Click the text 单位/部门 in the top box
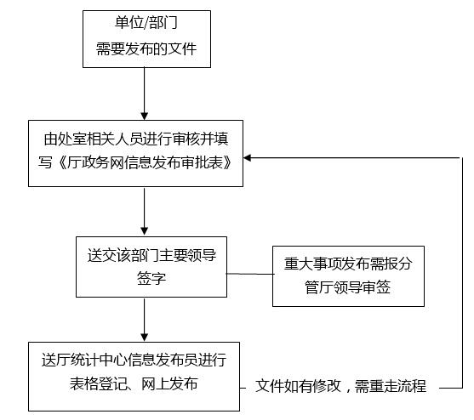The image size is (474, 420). pyautogui.click(x=146, y=23)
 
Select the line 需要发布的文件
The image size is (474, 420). pyautogui.click(x=146, y=48)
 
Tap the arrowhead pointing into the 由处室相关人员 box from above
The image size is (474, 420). pyautogui.click(x=145, y=116)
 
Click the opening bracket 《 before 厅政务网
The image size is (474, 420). pyautogui.click(x=60, y=162)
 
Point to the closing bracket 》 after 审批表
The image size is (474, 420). pyautogui.click(x=227, y=162)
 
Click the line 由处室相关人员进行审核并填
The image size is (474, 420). pyautogui.click(x=136, y=139)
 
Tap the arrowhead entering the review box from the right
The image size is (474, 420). pyautogui.click(x=248, y=157)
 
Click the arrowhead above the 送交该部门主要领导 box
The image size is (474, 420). pyautogui.click(x=145, y=231)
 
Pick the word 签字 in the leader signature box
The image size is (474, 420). pyautogui.click(x=151, y=278)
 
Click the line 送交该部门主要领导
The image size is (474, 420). pyautogui.click(x=151, y=255)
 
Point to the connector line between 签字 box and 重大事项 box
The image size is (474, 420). pyautogui.click(x=249, y=274)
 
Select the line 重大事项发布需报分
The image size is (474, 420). pyautogui.click(x=348, y=264)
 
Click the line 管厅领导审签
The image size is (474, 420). pyautogui.click(x=348, y=287)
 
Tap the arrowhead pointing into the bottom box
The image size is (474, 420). pyautogui.click(x=145, y=337)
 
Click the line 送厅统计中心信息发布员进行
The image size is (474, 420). pyautogui.click(x=134, y=360)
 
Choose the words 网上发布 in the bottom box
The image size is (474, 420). pyautogui.click(x=169, y=383)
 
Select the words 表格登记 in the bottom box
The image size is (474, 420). pyautogui.click(x=98, y=383)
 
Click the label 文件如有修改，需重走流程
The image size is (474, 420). pyautogui.click(x=340, y=386)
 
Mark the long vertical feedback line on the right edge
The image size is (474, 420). pyautogui.click(x=462, y=273)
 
